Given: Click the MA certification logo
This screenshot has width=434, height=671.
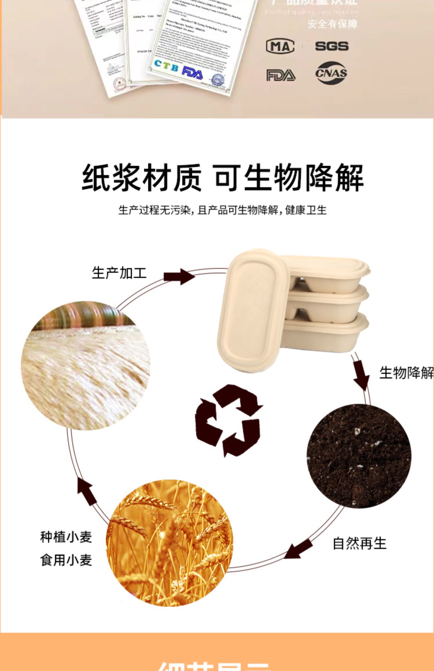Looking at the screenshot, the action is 280,47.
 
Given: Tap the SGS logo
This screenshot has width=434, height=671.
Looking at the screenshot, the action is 332,46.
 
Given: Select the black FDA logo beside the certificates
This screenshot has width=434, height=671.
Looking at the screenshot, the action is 281,75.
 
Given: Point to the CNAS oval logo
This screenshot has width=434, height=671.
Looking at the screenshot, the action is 331,73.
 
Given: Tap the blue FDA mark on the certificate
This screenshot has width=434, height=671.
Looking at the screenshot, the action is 192,73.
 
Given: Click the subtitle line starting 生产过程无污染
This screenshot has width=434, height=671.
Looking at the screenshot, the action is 222,210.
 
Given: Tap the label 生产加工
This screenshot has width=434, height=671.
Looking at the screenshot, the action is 119,273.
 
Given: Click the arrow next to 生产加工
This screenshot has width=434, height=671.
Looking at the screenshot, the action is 179,276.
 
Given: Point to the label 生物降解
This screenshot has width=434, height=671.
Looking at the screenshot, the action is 406,372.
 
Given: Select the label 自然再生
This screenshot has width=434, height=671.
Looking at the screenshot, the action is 359,543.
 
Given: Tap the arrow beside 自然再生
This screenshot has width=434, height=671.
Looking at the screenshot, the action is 299,548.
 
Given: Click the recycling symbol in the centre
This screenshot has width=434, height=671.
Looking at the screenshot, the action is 229,420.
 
